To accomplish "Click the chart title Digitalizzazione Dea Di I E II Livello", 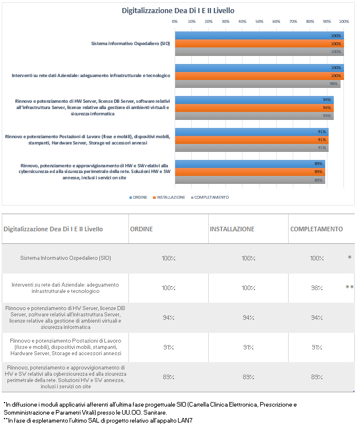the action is point(178,11).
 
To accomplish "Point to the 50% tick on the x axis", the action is point(259,22).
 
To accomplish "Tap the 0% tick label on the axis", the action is point(175,22).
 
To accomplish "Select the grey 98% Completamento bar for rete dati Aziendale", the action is point(258,84).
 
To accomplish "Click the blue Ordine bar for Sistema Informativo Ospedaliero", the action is point(259,35).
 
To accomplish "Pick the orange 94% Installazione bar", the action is point(254,108).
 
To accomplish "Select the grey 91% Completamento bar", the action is point(252,148).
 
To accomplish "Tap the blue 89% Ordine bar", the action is point(250,164).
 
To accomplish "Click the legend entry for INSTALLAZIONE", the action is point(169,198).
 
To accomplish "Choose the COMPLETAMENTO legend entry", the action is point(210,198).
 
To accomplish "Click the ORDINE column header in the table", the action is point(141,229).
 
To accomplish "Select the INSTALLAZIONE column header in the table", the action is point(232,229).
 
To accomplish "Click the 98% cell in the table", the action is point(317,288).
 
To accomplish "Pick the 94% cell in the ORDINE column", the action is point(168,318).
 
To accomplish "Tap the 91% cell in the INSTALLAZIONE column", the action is point(248,347).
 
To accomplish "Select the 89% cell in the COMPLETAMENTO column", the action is point(317,377).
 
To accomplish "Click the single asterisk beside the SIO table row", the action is point(350,257).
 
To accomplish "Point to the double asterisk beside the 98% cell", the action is point(349,287).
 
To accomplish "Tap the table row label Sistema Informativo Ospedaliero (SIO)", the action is point(66,258).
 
